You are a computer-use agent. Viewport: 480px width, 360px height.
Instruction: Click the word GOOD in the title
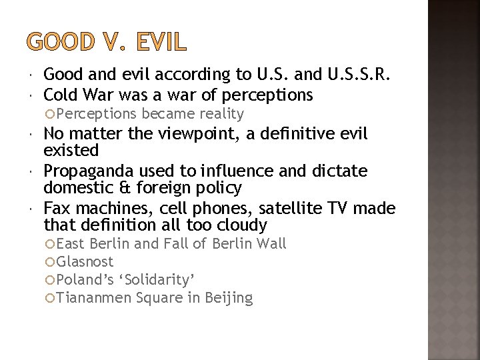tap(60, 42)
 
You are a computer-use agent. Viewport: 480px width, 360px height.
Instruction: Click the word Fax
tap(57, 208)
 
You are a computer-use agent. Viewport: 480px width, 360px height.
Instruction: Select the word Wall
tap(271, 244)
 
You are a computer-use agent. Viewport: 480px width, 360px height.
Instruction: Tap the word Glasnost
tap(85, 262)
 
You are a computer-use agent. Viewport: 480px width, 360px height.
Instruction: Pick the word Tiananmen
tap(94, 298)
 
